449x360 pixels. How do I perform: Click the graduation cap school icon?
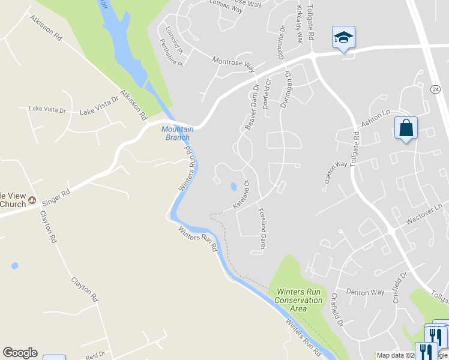[344, 37]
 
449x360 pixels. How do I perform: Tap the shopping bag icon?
[406, 128]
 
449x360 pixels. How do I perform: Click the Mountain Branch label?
[178, 133]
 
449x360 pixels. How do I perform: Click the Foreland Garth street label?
[262, 229]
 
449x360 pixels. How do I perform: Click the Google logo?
[20, 353]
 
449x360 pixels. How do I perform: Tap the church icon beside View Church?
[32, 200]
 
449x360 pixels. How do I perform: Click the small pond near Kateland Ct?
[233, 187]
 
